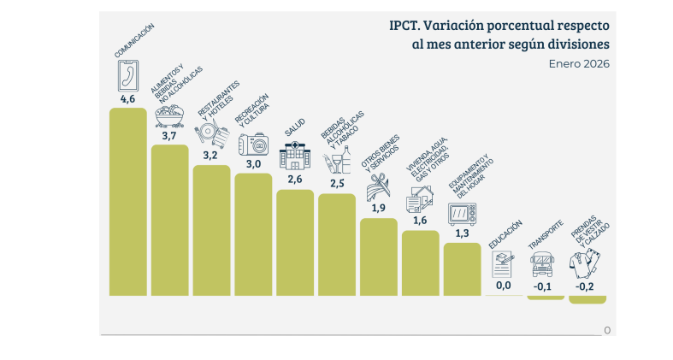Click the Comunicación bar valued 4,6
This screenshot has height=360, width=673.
tap(128, 202)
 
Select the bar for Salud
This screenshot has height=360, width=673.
tap(295, 243)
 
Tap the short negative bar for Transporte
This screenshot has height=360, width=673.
tap(546, 298)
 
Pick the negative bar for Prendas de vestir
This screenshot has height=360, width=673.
tap(587, 299)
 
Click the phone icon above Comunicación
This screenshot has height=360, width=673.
tap(128, 75)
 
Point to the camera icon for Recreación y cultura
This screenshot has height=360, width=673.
tap(254, 145)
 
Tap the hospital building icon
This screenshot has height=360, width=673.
tap(295, 155)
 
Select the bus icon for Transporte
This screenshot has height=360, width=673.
tap(542, 264)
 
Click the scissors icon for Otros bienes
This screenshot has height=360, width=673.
tap(378, 186)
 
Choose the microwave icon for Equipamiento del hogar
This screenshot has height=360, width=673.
tap(463, 214)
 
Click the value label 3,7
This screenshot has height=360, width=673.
tap(169, 136)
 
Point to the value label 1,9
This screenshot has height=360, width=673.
tap(378, 208)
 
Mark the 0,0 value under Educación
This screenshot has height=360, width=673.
tap(504, 286)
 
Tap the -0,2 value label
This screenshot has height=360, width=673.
tap(585, 286)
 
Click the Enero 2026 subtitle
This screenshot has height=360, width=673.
tap(579, 64)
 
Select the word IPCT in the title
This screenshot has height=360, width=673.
tap(405, 26)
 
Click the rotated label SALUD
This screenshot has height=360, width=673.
tap(295, 127)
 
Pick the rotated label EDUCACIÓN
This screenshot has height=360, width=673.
tap(505, 234)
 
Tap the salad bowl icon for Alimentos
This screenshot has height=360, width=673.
tap(169, 116)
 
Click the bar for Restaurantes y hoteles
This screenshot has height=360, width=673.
tap(211, 230)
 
